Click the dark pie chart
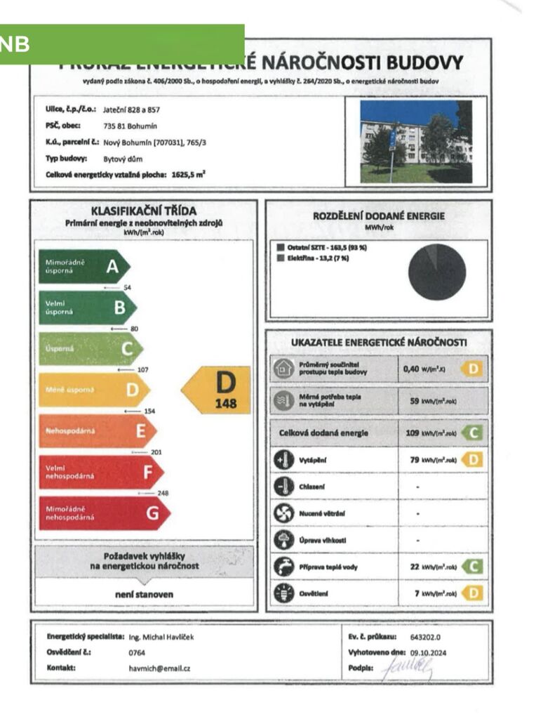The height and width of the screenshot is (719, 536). tap(437, 272)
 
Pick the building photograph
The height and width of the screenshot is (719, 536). tap(415, 141)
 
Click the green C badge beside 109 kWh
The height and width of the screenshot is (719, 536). tap(475, 433)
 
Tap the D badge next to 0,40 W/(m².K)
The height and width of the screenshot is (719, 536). tap(474, 369)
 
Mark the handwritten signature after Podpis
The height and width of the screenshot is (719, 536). tap(409, 668)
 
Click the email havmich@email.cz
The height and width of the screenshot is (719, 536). tap(161, 668)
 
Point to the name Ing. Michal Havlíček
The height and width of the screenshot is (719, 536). tap(161, 637)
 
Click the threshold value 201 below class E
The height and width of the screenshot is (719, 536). tap(156, 452)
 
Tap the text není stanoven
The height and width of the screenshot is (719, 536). tap(144, 594)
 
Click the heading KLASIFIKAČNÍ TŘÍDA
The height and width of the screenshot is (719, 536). tap(144, 211)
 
